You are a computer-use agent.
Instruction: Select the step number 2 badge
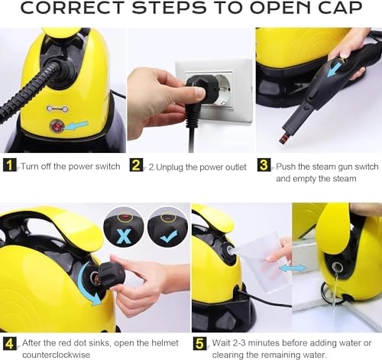[x=136, y=165]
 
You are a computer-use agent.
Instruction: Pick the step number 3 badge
[x=264, y=165]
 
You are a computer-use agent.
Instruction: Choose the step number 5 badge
[x=200, y=343]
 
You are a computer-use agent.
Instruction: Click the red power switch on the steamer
[x=55, y=125]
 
